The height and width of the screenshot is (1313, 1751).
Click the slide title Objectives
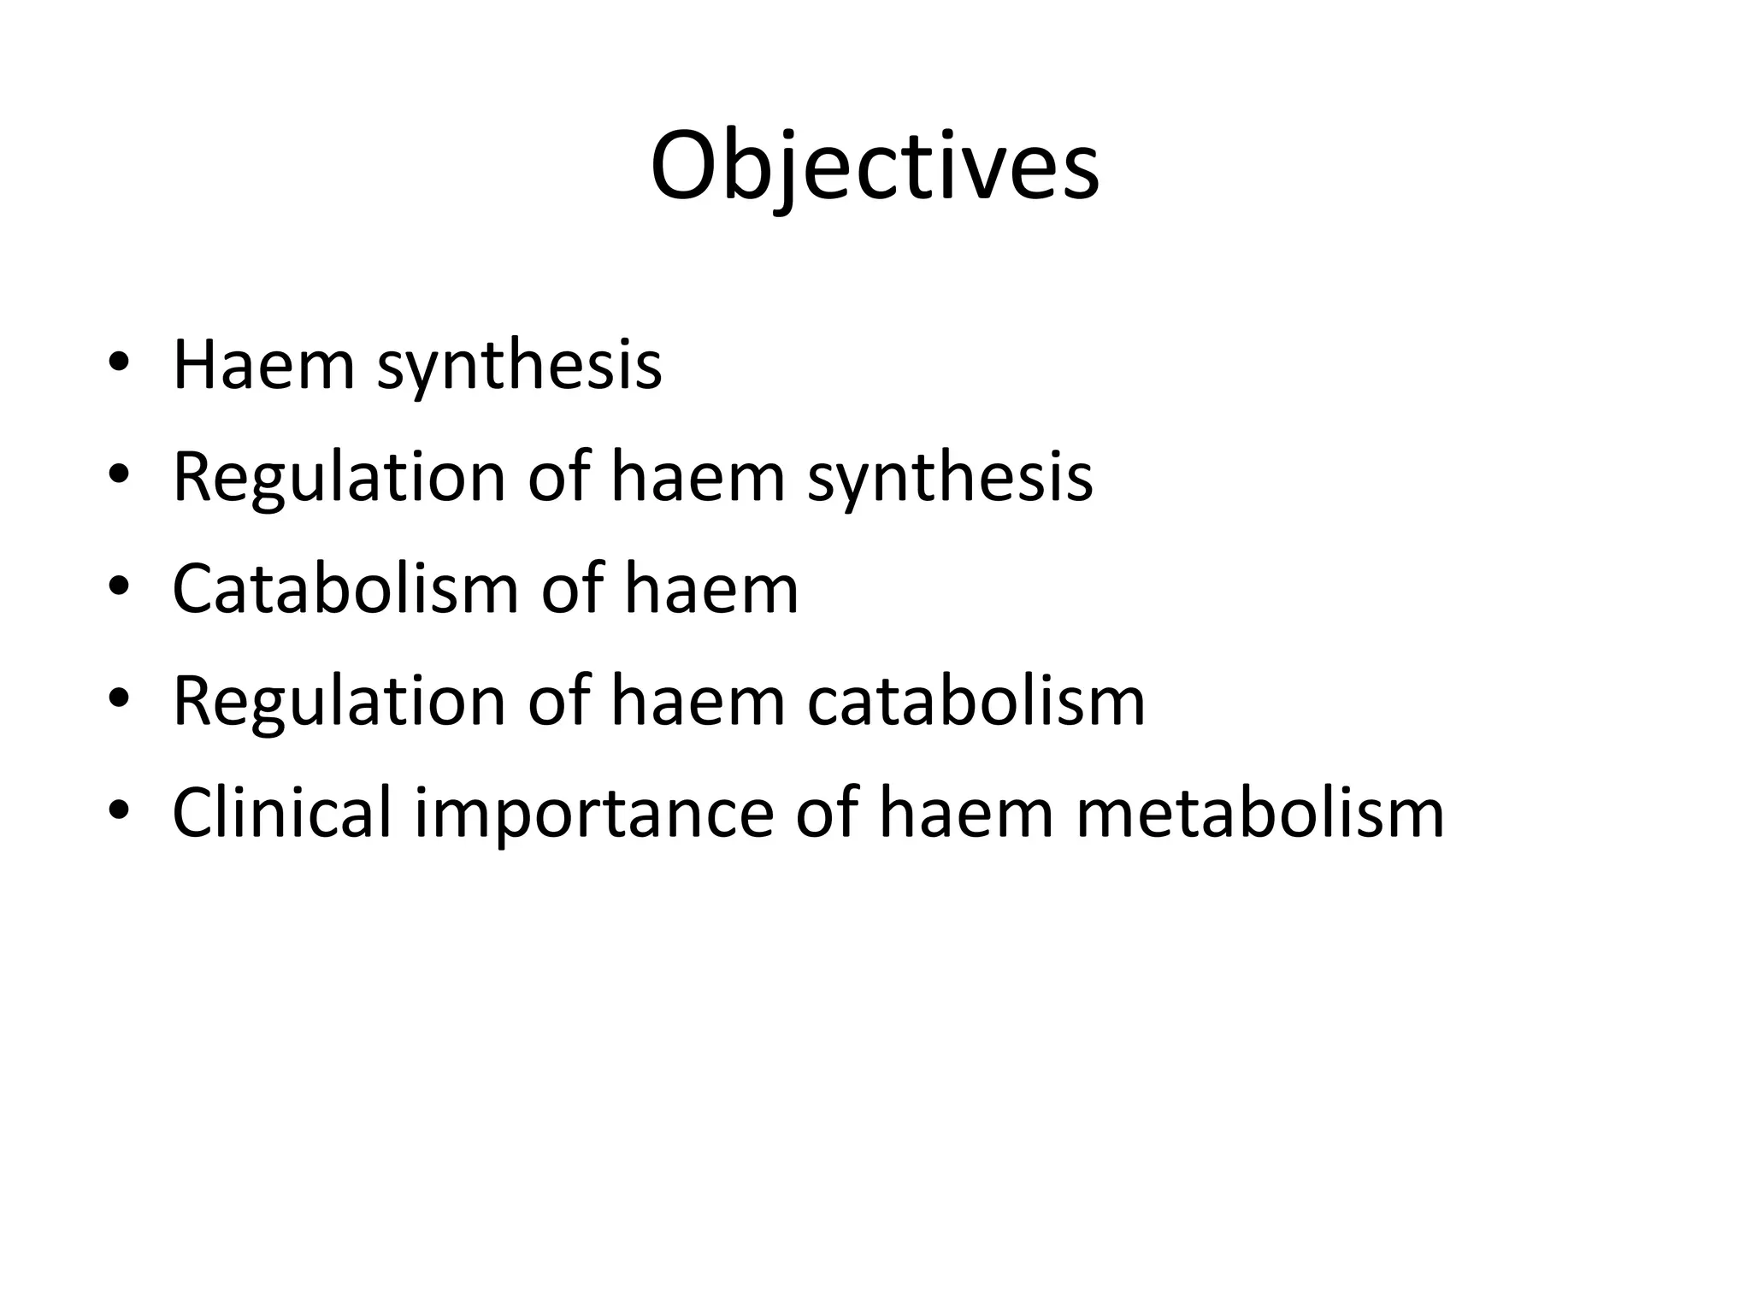[875, 167]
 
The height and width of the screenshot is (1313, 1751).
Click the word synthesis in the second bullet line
[950, 478]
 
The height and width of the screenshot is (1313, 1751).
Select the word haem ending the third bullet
[711, 589]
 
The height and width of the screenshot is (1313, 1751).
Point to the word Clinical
[281, 813]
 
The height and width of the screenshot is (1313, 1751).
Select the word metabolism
[1260, 813]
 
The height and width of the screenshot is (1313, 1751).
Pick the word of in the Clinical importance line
[826, 813]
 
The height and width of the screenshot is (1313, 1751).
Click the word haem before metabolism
[965, 813]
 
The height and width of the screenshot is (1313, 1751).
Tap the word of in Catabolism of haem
[571, 589]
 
